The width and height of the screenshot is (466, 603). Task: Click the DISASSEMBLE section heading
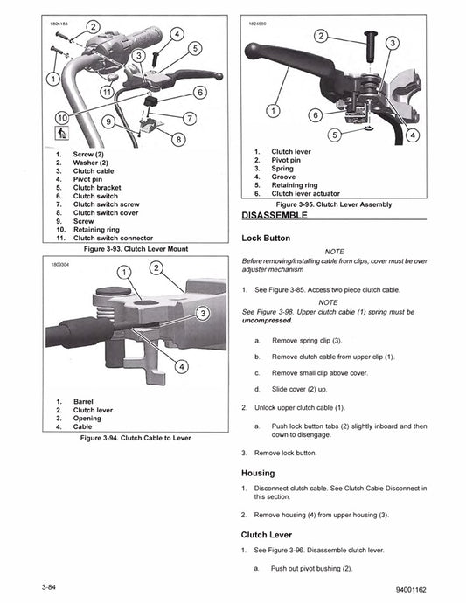273,214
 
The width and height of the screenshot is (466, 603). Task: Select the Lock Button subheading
266,238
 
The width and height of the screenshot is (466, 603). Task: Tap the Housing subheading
257,473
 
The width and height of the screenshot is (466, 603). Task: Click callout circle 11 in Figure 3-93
106,91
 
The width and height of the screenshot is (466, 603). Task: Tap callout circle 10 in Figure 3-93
62,116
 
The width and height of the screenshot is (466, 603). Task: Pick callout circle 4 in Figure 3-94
182,367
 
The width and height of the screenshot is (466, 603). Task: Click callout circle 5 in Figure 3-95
333,135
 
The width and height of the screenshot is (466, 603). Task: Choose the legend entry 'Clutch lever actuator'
305,194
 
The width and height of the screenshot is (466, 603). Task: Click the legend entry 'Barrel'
85,401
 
